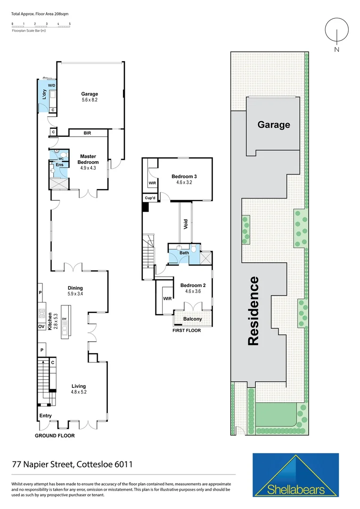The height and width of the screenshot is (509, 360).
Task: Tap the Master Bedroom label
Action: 89,159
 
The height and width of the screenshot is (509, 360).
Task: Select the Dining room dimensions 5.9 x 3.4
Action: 75,294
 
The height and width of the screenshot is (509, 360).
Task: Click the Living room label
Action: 78,386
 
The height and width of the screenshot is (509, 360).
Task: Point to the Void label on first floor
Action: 186,224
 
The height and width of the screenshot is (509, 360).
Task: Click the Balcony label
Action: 192,319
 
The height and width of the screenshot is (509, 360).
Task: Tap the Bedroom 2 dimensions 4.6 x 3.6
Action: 193,291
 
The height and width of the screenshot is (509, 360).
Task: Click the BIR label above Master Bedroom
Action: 87,133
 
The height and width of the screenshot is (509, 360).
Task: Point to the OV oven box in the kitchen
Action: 41,327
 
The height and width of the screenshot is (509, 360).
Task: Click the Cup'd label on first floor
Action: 150,198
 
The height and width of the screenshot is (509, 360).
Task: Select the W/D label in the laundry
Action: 51,85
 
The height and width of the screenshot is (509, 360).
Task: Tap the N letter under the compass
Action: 336,49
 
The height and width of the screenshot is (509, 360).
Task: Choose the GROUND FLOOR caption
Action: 55,436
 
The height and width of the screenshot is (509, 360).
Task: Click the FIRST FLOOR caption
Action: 187,330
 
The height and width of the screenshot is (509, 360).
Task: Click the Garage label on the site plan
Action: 273,125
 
